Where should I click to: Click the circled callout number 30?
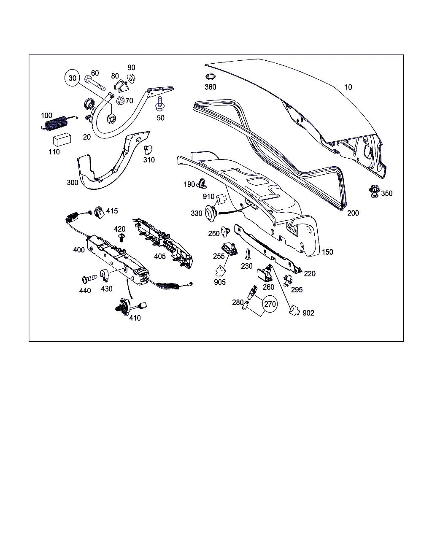pos(72,78)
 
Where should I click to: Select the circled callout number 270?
pos(270,304)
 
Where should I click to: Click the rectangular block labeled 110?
pos(62,140)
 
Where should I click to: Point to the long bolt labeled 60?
pos(94,83)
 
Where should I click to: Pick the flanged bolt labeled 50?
pos(159,104)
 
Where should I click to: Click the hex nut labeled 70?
pos(121,101)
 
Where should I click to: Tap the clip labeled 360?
pos(211,76)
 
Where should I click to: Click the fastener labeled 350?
pos(374,192)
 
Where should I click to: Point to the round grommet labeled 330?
pos(211,213)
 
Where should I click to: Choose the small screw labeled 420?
pos(122,237)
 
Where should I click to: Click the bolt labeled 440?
pos(89,278)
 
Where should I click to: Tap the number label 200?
pos(353,213)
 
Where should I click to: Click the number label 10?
pos(348,87)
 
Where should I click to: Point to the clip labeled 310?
pos(148,150)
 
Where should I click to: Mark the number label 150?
pos(327,252)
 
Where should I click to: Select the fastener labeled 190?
pos(201,184)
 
